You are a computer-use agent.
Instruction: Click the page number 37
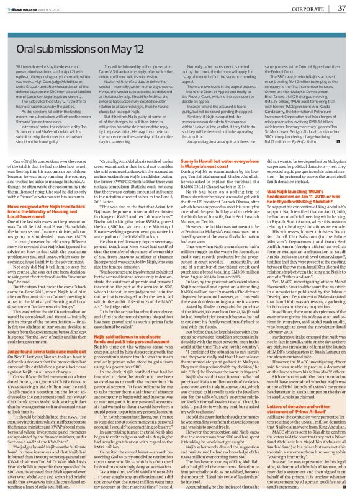point(341,8)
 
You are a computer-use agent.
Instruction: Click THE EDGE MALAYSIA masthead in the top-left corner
point(28,7)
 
